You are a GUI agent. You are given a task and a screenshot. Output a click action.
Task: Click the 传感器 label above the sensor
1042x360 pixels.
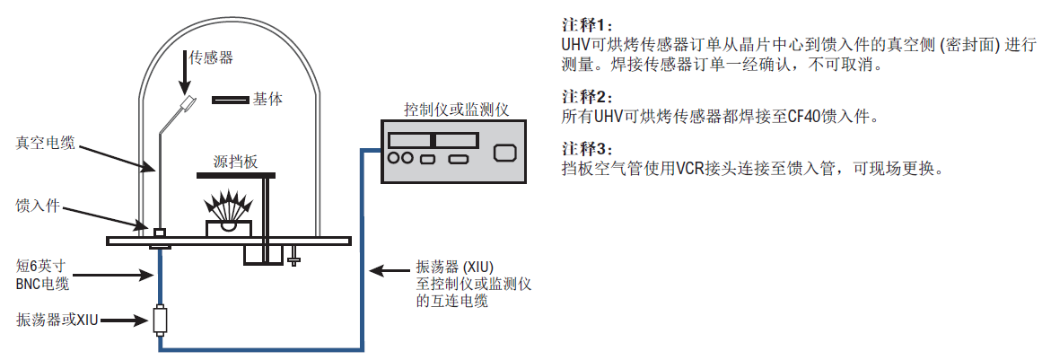coord(211,57)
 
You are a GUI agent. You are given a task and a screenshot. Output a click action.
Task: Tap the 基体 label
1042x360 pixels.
coord(267,99)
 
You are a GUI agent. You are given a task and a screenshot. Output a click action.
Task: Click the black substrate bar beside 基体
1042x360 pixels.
coord(230,99)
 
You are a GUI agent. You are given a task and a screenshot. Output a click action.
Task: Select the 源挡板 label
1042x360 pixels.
coord(236,162)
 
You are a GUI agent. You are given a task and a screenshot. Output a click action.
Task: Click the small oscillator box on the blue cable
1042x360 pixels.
coord(160,320)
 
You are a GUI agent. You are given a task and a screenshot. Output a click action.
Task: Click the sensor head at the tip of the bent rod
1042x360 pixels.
coord(189,105)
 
